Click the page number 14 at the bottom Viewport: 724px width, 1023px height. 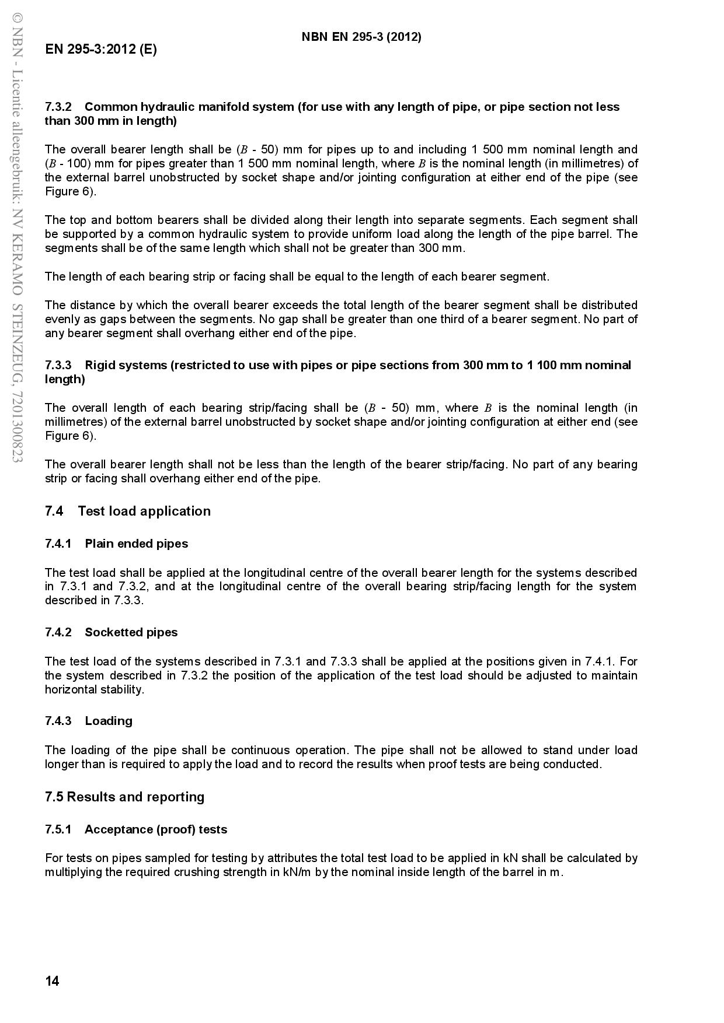52,981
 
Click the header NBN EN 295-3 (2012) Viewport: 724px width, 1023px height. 361,37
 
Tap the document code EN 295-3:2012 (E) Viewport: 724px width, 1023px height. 101,49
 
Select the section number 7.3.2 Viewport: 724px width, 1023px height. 58,107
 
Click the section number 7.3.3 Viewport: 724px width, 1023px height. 58,365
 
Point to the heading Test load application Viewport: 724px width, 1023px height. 144,511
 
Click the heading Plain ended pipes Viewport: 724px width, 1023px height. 137,544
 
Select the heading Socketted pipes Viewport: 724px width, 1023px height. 131,632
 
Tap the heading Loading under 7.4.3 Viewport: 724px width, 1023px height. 109,721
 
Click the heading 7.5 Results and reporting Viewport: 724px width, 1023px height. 125,797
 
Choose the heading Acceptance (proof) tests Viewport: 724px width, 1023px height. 156,829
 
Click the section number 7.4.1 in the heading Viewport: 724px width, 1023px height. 58,544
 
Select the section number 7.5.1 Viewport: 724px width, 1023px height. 58,829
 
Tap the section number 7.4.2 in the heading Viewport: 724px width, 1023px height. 58,632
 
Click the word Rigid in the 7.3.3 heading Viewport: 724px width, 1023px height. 100,365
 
